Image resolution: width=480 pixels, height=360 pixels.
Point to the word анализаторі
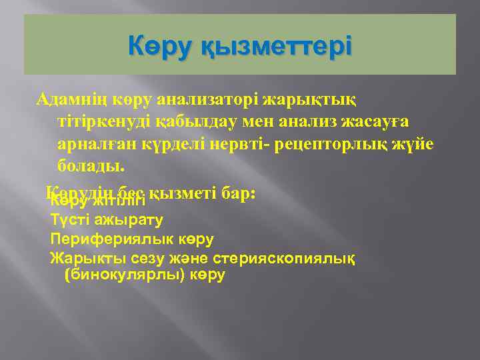[x=203, y=101]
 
